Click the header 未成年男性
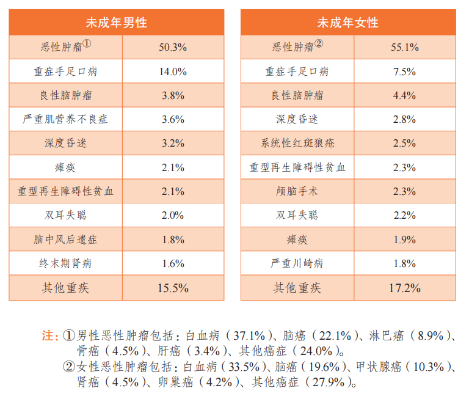[116, 23]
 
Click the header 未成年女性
[347, 23]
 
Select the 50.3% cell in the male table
[173, 47]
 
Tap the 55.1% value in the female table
[404, 47]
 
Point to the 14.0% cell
[173, 71]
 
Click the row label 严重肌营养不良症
[65, 119]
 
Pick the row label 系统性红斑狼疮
[297, 144]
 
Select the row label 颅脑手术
[297, 191]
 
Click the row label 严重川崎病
[297, 263]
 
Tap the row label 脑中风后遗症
[65, 240]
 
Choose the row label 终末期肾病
[65, 263]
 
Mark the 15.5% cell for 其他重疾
[173, 288]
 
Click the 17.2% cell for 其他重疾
[404, 288]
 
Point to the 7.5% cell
[404, 71]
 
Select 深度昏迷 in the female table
[297, 119]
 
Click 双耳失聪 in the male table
[65, 215]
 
